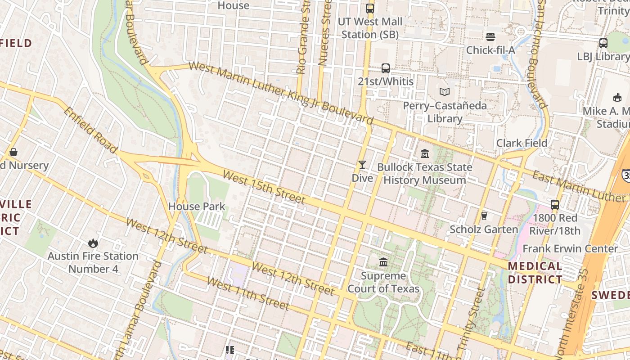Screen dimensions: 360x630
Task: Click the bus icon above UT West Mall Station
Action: coord(370,8)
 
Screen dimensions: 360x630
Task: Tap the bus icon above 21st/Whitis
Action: coord(386,68)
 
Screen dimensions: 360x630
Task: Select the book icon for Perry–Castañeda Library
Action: coord(445,92)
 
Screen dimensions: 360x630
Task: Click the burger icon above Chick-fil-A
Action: coord(490,36)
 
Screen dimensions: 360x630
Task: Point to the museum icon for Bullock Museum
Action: coord(425,154)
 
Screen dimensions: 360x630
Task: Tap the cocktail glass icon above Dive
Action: coord(362,165)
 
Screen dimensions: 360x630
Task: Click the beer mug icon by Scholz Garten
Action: coord(484,216)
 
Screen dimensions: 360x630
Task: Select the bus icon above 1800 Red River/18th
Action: coord(555,204)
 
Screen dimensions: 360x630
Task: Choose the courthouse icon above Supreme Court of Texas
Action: coord(383,262)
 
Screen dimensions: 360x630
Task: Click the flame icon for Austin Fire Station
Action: coord(93,243)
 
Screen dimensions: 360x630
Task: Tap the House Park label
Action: coord(197,207)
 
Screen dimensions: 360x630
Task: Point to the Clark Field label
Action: coord(522,143)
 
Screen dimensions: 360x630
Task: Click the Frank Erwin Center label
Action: coord(570,248)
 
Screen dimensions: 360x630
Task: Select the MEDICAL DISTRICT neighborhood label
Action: coord(535,273)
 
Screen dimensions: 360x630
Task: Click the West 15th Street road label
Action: coord(264,187)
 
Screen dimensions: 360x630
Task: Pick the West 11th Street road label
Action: coord(247,294)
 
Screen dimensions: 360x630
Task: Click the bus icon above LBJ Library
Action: coord(603,43)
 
